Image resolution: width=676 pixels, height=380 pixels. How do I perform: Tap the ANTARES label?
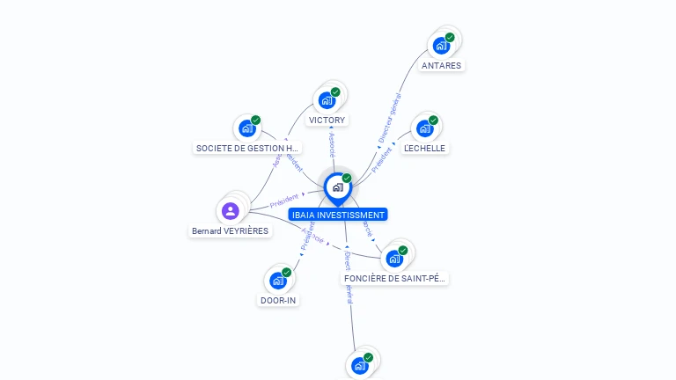click(x=441, y=65)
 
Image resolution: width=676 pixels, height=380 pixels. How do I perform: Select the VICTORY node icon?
click(x=327, y=99)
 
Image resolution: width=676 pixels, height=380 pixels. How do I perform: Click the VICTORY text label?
click(x=327, y=120)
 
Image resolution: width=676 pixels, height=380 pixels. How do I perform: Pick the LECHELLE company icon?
click(x=424, y=128)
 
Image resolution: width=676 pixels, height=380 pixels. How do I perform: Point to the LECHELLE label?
click(x=424, y=149)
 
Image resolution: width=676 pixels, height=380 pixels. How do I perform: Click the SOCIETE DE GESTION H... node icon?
click(x=246, y=128)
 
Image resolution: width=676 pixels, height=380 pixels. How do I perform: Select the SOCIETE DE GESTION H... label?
click(x=247, y=148)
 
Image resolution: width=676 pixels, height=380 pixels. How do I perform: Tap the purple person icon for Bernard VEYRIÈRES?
click(x=231, y=210)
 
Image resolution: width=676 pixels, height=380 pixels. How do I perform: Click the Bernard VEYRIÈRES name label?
click(x=231, y=231)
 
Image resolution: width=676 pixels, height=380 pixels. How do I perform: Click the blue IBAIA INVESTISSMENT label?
click(x=337, y=215)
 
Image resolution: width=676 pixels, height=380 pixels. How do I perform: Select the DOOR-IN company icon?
click(x=278, y=281)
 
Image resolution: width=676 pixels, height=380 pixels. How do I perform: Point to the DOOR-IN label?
click(x=278, y=301)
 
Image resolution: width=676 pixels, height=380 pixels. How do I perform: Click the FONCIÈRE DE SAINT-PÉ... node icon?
click(x=394, y=259)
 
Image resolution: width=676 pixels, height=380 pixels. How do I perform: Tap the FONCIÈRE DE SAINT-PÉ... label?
click(x=395, y=279)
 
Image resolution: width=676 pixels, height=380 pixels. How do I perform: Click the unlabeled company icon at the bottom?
click(x=359, y=365)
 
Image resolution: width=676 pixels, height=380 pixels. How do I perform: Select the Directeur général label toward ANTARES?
click(x=389, y=119)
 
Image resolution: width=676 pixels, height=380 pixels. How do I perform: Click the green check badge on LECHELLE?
click(x=433, y=121)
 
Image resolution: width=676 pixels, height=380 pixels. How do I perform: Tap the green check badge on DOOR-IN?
click(x=287, y=273)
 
